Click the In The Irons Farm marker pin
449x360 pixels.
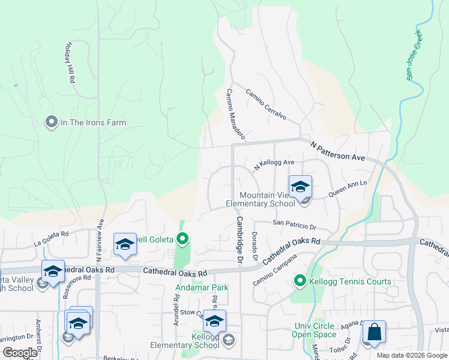tap(51, 122)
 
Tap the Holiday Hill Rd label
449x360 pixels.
tap(69, 62)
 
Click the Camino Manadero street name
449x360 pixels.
tap(235, 112)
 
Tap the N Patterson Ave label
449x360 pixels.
tap(338, 151)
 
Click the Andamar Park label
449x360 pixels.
tap(202, 287)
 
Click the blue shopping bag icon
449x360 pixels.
tap(374, 332)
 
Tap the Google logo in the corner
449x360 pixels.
tap(20, 353)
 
